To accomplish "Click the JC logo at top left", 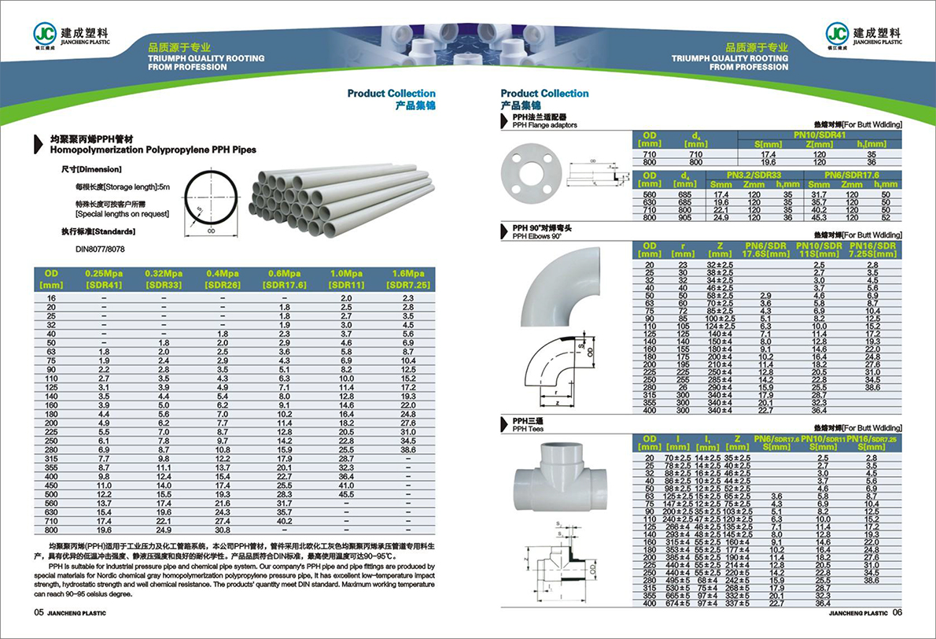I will (46, 32).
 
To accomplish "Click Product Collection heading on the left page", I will (391, 94).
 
